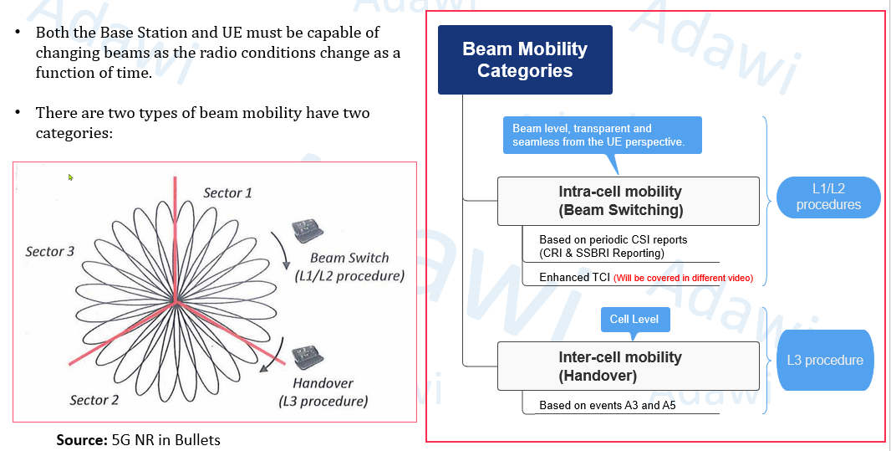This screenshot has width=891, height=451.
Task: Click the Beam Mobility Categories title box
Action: [525, 59]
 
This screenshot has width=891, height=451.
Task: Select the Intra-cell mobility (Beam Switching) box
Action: [628, 201]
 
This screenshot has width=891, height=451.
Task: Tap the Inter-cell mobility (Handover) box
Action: [628, 366]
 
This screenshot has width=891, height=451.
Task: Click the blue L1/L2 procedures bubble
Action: [827, 197]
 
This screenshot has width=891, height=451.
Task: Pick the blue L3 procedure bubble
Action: [824, 360]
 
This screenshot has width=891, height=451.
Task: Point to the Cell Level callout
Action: [634, 319]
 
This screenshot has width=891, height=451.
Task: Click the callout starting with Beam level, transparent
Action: [602, 135]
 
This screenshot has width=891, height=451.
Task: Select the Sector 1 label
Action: [227, 193]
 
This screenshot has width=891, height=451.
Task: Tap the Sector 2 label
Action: [94, 400]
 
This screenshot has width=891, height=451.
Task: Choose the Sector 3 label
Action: [50, 252]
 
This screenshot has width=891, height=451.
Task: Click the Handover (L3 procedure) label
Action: [323, 392]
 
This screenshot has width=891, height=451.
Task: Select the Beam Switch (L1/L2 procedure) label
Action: [349, 267]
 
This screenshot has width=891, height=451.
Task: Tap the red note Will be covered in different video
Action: [683, 278]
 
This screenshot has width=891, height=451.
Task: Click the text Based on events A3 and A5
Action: [608, 405]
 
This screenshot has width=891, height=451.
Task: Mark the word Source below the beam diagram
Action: [81, 439]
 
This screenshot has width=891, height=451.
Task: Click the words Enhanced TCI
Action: [574, 277]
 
